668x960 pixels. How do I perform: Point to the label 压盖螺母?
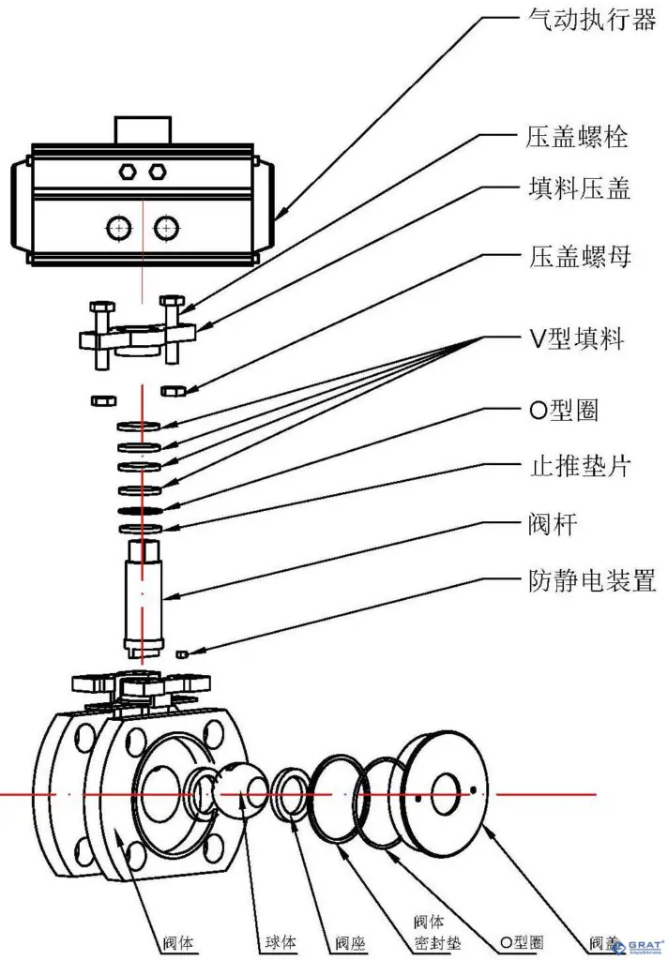click(x=575, y=256)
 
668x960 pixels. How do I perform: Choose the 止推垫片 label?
click(x=575, y=467)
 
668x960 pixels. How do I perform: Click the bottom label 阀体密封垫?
click(x=432, y=933)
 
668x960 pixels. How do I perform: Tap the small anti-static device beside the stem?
click(x=185, y=652)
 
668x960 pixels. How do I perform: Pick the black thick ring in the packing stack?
click(x=142, y=510)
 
